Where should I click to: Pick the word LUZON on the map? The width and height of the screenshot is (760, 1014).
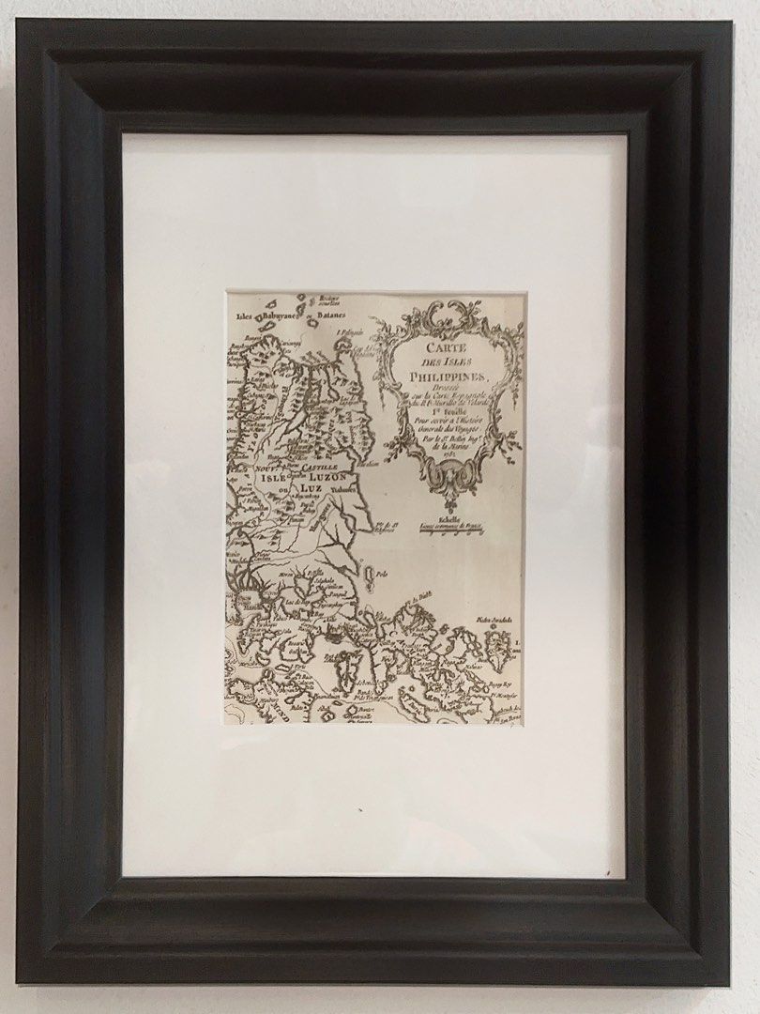tap(326, 477)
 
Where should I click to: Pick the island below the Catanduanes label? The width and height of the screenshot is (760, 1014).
tap(497, 647)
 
